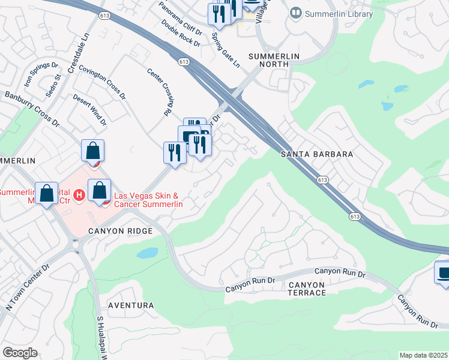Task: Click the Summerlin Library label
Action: (x=339, y=14)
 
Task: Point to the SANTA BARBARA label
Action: (x=316, y=154)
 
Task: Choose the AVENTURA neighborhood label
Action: (x=130, y=305)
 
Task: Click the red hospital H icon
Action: (x=78, y=195)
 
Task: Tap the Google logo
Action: (x=20, y=353)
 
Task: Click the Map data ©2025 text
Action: (x=423, y=355)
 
